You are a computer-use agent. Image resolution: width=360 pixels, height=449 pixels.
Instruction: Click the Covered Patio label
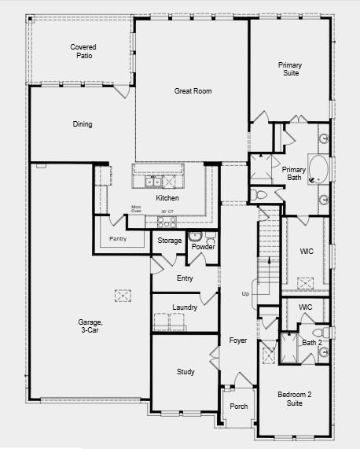click(83, 52)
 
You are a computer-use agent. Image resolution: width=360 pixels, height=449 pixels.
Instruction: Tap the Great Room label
click(193, 91)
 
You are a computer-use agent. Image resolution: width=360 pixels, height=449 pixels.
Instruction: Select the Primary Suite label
click(290, 69)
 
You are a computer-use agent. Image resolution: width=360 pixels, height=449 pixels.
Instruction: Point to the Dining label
click(83, 124)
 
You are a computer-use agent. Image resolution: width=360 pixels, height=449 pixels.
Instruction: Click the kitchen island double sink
click(152, 182)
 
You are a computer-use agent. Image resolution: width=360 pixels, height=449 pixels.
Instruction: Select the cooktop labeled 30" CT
click(167, 212)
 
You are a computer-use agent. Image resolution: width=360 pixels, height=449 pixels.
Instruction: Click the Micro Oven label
click(136, 210)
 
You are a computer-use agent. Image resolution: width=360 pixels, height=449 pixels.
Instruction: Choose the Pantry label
click(118, 238)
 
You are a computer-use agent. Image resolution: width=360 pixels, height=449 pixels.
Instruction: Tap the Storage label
click(170, 241)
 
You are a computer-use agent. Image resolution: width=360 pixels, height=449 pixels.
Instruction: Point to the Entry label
click(185, 278)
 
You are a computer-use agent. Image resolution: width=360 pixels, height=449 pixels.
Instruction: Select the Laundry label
click(184, 307)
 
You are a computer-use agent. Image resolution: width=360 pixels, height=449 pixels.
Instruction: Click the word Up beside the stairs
click(244, 293)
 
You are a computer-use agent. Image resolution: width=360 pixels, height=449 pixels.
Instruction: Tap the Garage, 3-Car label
click(90, 326)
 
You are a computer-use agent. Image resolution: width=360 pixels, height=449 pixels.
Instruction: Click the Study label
click(186, 371)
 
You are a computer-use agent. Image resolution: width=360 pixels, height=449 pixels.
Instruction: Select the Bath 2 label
click(312, 342)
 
